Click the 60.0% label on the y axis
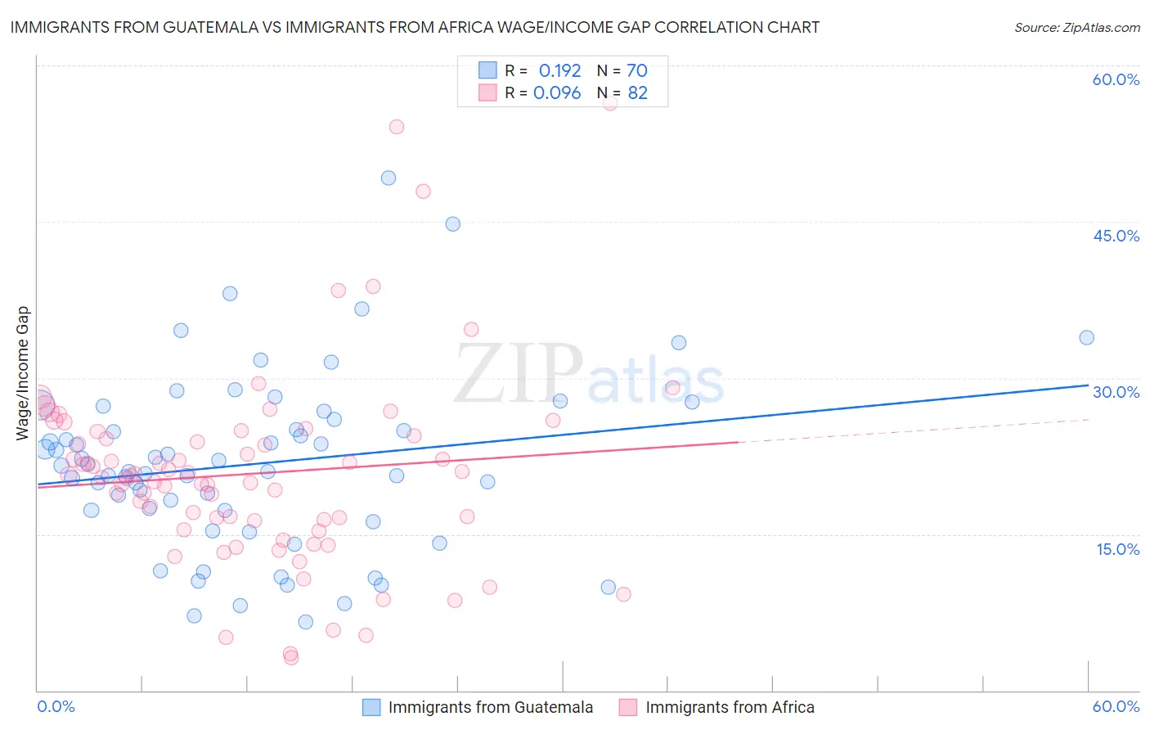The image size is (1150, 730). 1116,79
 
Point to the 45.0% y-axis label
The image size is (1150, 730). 1116,236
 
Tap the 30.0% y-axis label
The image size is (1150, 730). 1116,392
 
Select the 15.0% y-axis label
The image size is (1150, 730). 1117,549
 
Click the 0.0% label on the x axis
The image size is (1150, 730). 56,706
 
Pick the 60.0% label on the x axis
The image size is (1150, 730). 1116,706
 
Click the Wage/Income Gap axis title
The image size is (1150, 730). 23,373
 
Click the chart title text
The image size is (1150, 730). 415,27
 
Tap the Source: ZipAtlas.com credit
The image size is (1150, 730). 1076,28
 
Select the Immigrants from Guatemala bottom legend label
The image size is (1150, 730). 490,708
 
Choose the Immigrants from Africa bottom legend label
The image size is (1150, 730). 730,708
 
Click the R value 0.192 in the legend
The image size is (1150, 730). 559,71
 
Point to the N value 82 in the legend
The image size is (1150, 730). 637,93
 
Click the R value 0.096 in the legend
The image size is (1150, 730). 557,93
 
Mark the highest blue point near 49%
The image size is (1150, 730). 389,178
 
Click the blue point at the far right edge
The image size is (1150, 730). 1086,338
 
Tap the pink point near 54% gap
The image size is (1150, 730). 397,127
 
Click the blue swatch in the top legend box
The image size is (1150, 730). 487,70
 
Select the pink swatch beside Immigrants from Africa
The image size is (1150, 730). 627,708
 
